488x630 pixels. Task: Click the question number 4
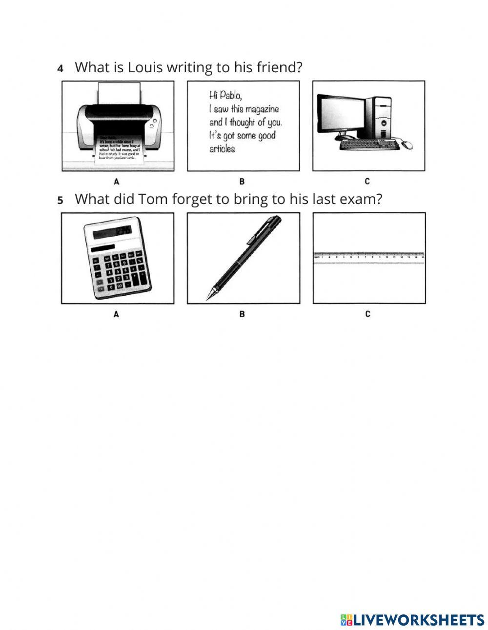pyautogui.click(x=61, y=69)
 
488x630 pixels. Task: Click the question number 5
pyautogui.click(x=61, y=201)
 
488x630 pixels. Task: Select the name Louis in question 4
pyautogui.click(x=145, y=67)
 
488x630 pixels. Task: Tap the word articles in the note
pyautogui.click(x=222, y=149)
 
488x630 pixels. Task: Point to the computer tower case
pyautogui.click(x=379, y=117)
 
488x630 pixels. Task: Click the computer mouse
pyautogui.click(x=407, y=145)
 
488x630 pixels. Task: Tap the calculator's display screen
pyautogui.click(x=112, y=232)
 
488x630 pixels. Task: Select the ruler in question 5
pyautogui.click(x=369, y=258)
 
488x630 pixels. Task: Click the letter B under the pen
pyautogui.click(x=242, y=314)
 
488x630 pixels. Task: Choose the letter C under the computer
pyautogui.click(x=367, y=182)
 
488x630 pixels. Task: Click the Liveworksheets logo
pyautogui.click(x=412, y=620)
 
